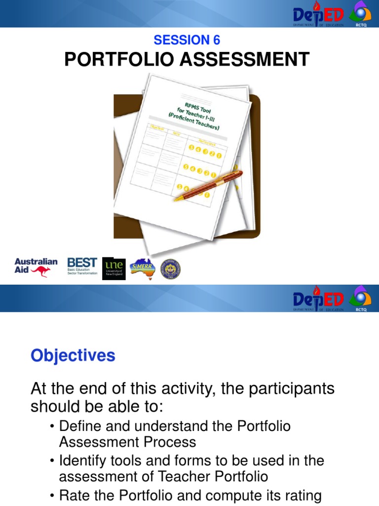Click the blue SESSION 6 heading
coord(187,40)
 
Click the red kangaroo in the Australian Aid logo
coord(40,271)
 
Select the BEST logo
coord(82,266)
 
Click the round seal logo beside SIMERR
coord(170,268)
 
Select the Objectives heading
coord(73,356)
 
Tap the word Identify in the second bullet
coord(84,461)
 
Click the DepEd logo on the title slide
coord(318,13)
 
